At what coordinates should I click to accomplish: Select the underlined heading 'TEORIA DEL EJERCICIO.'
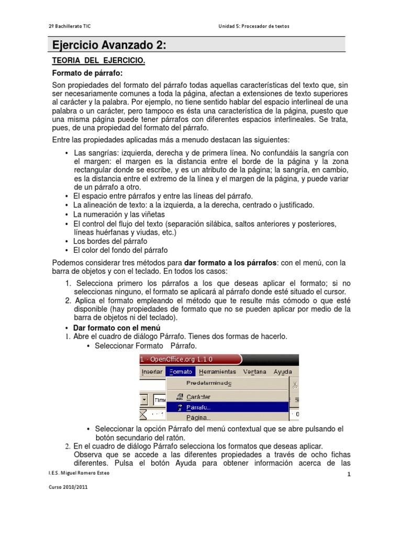pyautogui.click(x=98, y=61)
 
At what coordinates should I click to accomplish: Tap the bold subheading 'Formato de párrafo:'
pyautogui.click(x=90, y=73)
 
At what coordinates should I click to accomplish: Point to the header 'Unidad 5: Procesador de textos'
pyautogui.click(x=253, y=26)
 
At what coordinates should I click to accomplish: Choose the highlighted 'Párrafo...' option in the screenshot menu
pyautogui.click(x=198, y=407)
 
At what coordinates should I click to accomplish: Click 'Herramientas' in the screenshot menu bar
pyautogui.click(x=218, y=372)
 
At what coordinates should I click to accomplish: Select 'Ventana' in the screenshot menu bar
pyautogui.click(x=255, y=372)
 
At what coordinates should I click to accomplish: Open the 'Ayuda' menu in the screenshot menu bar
pyautogui.click(x=283, y=372)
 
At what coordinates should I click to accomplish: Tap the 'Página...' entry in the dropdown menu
pyautogui.click(x=198, y=417)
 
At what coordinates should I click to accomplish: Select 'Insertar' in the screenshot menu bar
pyautogui.click(x=152, y=372)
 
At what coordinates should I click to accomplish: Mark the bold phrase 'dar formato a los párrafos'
pyautogui.click(x=230, y=262)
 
